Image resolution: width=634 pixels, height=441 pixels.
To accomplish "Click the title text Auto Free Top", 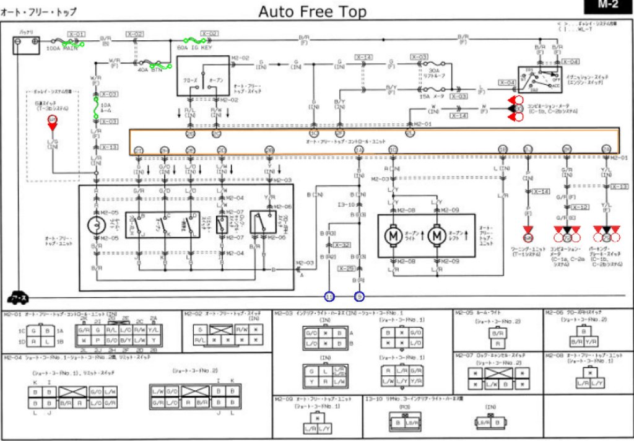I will [312, 11].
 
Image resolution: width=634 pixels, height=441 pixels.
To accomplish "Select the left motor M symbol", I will [393, 235].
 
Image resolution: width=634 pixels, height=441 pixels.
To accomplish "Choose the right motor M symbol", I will [437, 235].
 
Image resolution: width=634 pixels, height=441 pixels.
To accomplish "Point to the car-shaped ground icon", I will [18, 297].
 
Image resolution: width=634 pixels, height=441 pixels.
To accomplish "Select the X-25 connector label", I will [346, 269].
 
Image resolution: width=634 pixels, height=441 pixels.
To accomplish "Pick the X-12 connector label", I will [580, 207].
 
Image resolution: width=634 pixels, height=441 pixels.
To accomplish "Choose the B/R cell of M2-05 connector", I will [496, 333].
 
